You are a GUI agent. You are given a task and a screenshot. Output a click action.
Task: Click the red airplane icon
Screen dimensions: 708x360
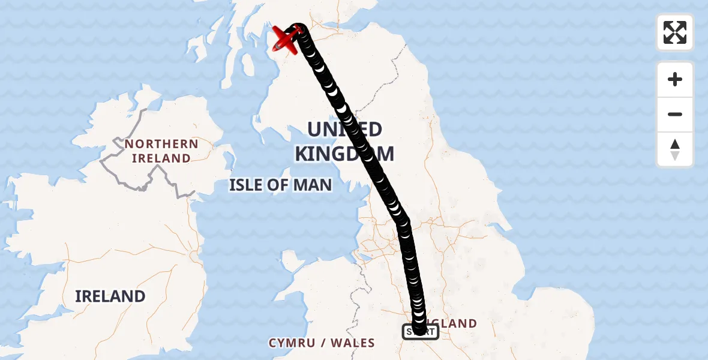[x=286, y=39]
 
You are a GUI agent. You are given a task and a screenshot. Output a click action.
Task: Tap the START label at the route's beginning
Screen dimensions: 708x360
[x=420, y=331]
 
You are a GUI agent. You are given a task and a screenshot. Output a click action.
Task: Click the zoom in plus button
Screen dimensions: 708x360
[x=675, y=79]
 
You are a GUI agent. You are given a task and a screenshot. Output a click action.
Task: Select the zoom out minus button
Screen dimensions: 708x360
[x=675, y=114]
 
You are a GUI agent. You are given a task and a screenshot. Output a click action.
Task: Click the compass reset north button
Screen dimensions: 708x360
[x=675, y=149]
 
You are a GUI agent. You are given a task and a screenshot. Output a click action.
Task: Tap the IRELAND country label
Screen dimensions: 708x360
[x=110, y=296]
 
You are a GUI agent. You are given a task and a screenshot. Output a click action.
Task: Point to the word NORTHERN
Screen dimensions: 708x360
[x=161, y=144]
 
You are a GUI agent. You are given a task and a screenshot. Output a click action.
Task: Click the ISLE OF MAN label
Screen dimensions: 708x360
[x=280, y=185]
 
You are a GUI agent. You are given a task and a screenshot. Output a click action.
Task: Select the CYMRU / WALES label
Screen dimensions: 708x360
[x=322, y=343]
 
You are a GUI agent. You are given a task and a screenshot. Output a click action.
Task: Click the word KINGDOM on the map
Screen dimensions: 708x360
[x=344, y=154]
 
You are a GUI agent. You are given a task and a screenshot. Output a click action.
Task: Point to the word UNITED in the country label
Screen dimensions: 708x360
[x=344, y=130]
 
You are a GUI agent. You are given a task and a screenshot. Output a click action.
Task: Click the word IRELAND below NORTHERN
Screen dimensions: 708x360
[x=161, y=158]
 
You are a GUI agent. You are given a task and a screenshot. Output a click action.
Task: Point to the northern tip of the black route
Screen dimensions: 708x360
[x=298, y=27]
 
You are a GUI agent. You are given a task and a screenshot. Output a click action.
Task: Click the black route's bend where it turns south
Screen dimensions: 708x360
[x=403, y=222]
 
